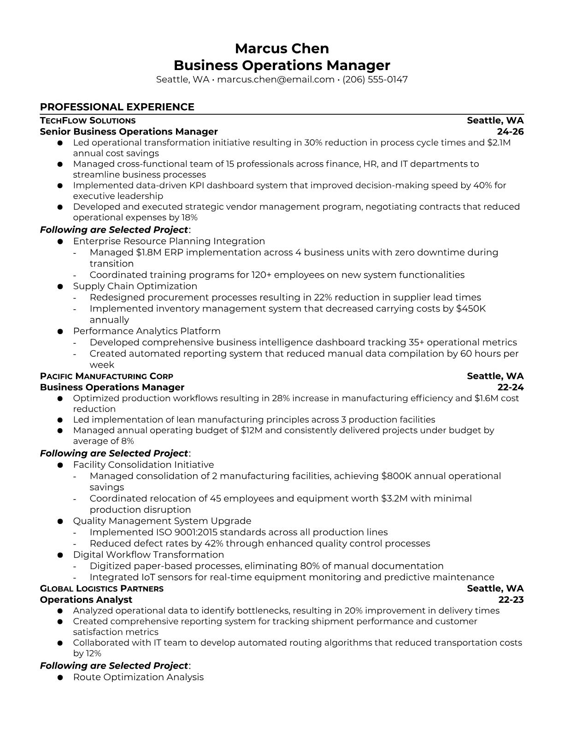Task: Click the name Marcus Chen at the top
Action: click(282, 48)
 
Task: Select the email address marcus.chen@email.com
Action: click(276, 79)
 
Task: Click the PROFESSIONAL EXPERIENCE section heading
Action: click(117, 107)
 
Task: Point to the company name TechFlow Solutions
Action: click(88, 121)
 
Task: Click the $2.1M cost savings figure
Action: click(499, 142)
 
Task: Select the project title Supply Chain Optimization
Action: click(135, 286)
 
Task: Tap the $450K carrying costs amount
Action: click(470, 309)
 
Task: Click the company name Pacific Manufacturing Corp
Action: click(106, 376)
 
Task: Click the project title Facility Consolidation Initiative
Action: click(143, 465)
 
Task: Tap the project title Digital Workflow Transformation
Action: click(148, 555)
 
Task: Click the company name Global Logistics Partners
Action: click(101, 589)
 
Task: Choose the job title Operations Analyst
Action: click(86, 600)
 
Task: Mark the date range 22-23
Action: click(511, 600)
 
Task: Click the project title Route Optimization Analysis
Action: click(138, 677)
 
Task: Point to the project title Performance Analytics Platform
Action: click(147, 331)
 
